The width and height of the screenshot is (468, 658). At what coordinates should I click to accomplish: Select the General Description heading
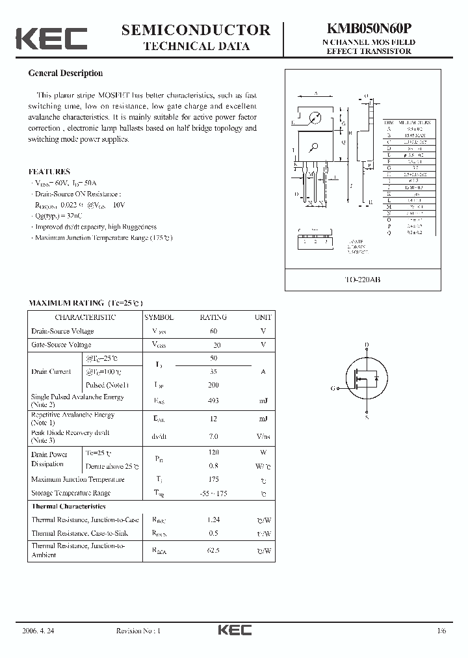point(66,73)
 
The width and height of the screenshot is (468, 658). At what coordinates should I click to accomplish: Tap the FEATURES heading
point(49,172)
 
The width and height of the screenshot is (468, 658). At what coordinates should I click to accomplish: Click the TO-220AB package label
point(368,279)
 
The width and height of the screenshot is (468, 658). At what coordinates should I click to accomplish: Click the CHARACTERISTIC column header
point(85,317)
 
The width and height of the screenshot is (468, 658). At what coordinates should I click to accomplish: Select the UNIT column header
point(263,317)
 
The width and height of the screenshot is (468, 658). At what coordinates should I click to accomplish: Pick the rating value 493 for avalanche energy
point(213,401)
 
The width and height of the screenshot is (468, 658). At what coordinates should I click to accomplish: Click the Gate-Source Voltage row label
point(61,345)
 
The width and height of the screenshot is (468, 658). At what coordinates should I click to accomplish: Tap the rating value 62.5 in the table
point(213,551)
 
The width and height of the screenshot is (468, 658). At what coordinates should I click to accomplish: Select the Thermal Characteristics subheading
point(68,506)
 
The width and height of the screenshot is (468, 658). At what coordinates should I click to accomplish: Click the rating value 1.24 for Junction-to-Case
point(213,520)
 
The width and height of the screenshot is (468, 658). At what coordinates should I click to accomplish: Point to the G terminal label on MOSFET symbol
point(333,388)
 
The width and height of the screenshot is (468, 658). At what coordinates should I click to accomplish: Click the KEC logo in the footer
point(234,630)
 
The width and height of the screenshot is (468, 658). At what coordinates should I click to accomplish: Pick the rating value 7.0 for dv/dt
point(213,436)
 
